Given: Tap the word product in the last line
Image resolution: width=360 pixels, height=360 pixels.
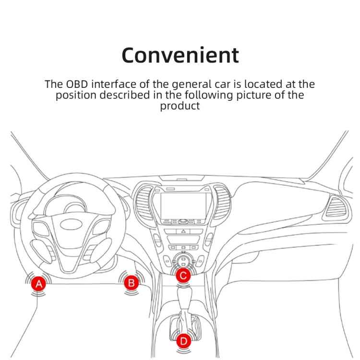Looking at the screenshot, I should point(180,106).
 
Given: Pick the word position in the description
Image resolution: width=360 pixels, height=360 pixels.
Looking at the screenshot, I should point(76,95).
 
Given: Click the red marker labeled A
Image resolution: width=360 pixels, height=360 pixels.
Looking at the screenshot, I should point(39,284).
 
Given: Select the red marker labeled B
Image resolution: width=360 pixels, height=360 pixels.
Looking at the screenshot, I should point(131,283).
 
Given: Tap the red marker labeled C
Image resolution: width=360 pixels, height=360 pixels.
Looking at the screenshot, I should point(183,276).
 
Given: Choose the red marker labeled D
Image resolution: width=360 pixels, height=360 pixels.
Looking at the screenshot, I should point(183,341).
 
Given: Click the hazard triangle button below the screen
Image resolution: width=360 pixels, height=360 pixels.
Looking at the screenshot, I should point(183,231).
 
